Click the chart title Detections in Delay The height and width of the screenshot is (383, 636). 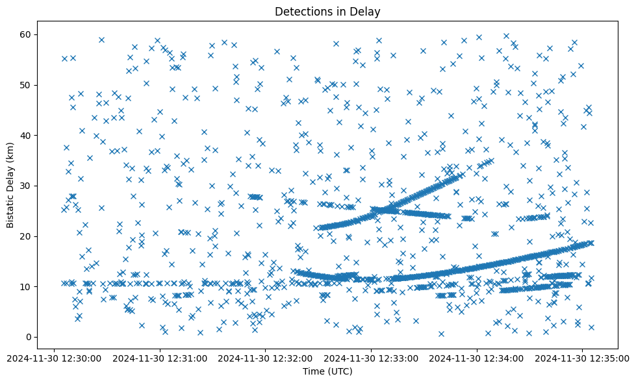point(327,11)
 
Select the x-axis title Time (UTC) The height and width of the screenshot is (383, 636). point(327,371)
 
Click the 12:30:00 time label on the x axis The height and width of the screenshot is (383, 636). point(55,358)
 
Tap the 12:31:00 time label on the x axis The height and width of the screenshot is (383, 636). point(160,358)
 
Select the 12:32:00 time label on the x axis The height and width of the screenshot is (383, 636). point(266,358)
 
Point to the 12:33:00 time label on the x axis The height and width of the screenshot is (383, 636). point(372,358)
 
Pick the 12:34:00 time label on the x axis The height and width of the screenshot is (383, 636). point(477,358)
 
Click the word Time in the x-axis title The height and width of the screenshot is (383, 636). point(314,371)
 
